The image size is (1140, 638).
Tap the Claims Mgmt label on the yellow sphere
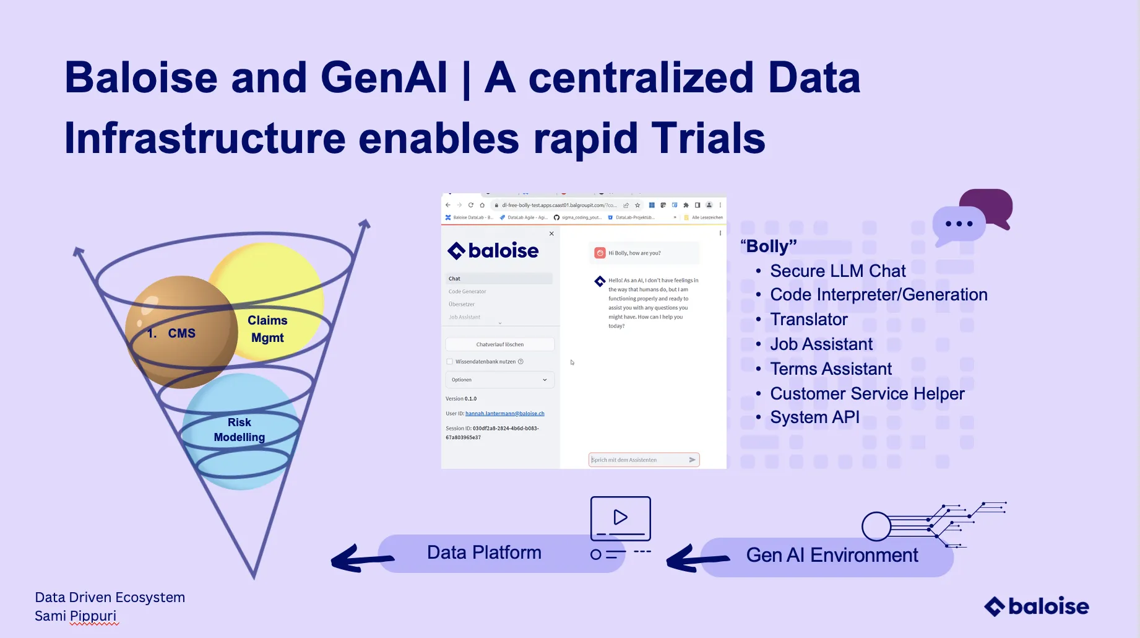(x=267, y=329)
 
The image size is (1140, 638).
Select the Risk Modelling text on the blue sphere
(x=240, y=429)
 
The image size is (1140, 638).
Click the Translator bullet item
(x=808, y=320)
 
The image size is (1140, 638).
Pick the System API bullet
(x=814, y=417)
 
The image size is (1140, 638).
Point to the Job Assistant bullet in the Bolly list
(x=821, y=344)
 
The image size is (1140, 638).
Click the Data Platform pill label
(x=484, y=553)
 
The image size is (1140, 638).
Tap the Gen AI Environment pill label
(x=832, y=556)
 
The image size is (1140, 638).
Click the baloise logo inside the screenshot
(x=493, y=251)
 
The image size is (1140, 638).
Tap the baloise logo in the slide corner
(x=1036, y=606)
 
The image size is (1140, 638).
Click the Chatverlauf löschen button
(x=499, y=344)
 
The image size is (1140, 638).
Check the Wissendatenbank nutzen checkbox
(x=450, y=362)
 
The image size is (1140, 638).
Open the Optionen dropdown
(x=499, y=380)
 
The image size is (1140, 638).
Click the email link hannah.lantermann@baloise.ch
(x=504, y=414)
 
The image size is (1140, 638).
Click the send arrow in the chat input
(x=692, y=460)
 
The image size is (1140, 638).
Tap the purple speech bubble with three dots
(x=959, y=224)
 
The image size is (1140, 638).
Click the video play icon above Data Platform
(x=620, y=517)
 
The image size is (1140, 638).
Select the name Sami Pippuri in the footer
(x=76, y=616)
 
